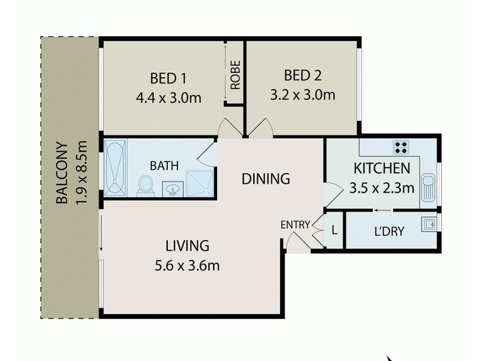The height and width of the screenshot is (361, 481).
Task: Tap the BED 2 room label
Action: [302, 76]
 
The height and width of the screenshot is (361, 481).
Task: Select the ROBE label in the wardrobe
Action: [234, 74]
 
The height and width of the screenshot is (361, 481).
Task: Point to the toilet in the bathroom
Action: [146, 185]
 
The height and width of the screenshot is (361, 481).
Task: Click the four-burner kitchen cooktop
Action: [401, 147]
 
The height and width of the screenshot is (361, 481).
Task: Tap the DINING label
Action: [266, 179]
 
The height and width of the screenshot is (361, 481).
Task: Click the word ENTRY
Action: [295, 224]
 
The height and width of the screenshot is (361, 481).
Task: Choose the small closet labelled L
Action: [333, 229]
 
